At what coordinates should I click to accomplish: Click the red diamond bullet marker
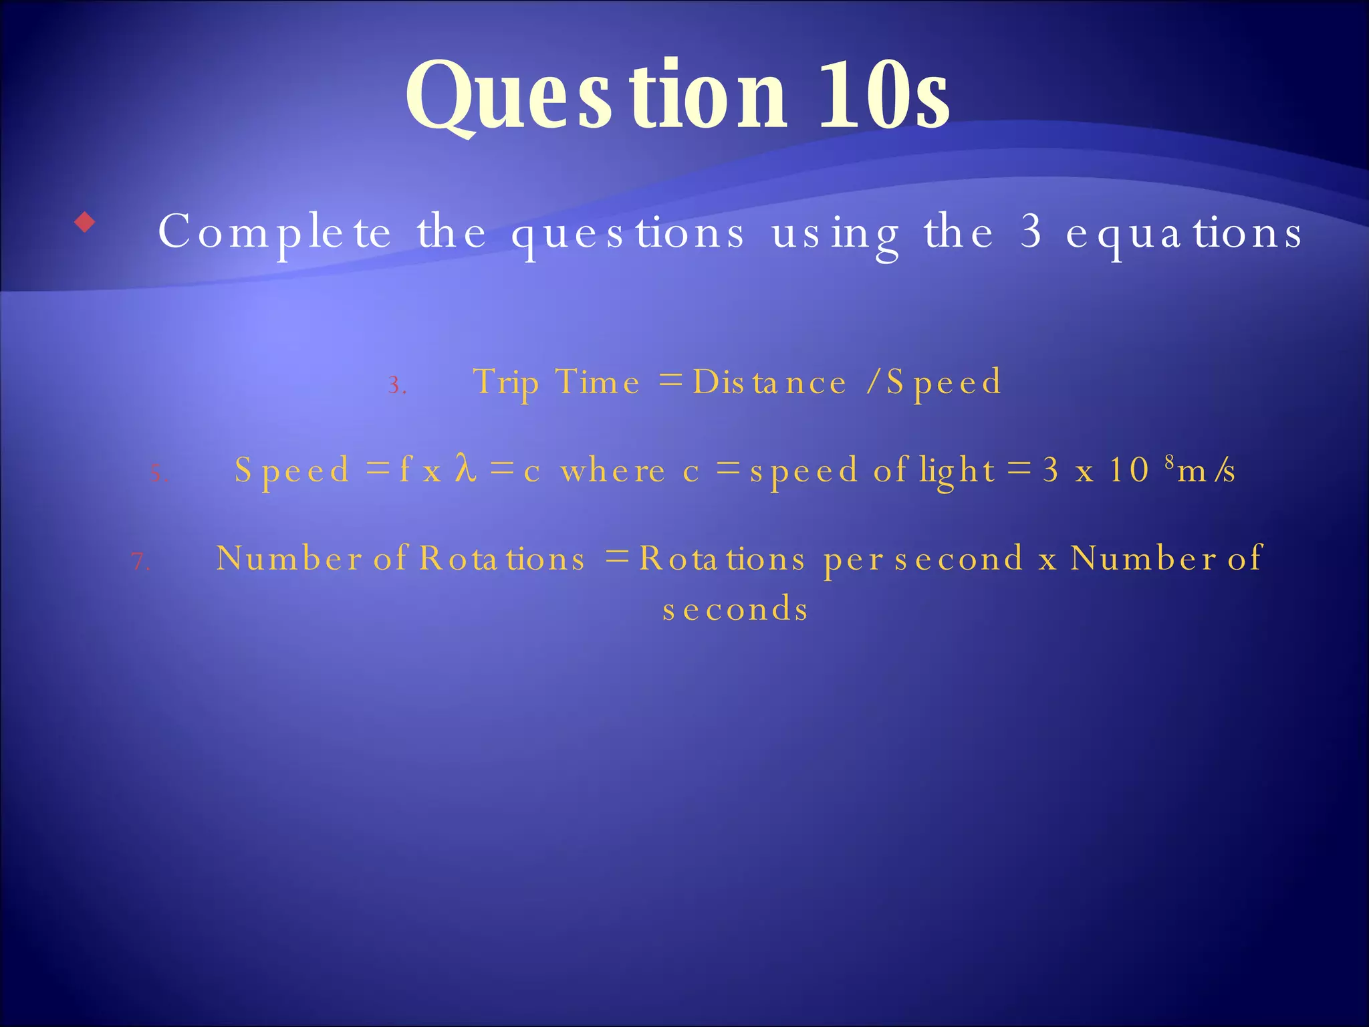click(x=85, y=222)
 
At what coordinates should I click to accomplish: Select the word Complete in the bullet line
click(x=274, y=233)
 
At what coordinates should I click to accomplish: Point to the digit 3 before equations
click(x=1031, y=231)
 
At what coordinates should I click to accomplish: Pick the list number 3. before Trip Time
click(x=397, y=386)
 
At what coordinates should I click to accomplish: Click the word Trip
click(x=505, y=382)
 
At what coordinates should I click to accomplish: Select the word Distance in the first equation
click(x=769, y=382)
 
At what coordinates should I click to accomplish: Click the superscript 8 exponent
click(x=1169, y=461)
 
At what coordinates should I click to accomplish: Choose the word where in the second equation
click(x=612, y=471)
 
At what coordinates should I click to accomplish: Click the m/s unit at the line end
click(x=1206, y=471)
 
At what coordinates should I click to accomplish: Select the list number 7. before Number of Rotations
click(x=140, y=561)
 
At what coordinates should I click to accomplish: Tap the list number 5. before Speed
click(x=158, y=474)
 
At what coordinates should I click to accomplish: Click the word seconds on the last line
click(x=735, y=609)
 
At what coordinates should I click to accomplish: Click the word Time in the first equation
click(x=597, y=382)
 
